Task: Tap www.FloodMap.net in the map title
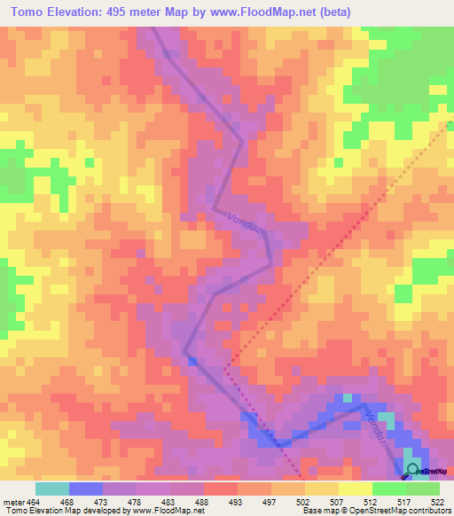tap(275, 12)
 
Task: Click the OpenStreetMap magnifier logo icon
tap(413, 469)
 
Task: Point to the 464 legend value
tap(35, 501)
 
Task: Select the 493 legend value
tap(236, 501)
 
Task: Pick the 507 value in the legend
tap(335, 501)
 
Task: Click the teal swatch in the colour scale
tap(51, 489)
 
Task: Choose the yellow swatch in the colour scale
tap(355, 489)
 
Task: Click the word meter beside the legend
tap(14, 501)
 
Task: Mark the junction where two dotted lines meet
tap(225, 367)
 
